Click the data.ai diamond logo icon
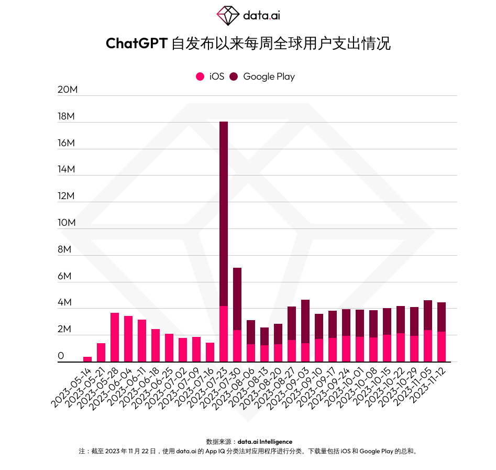pyautogui.click(x=228, y=16)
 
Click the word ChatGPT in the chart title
pyautogui.click(x=136, y=43)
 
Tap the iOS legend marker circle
pyautogui.click(x=200, y=76)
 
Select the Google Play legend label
pyautogui.click(x=269, y=76)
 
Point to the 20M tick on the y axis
pyautogui.click(x=68, y=90)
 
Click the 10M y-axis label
pyautogui.click(x=68, y=223)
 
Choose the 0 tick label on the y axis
pyautogui.click(x=61, y=356)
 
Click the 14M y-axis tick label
pyautogui.click(x=68, y=169)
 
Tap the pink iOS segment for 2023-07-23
pyautogui.click(x=224, y=334)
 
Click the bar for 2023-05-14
pyautogui.click(x=87, y=359)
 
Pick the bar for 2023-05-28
pyautogui.click(x=115, y=337)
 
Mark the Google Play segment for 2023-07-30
pyautogui.click(x=237, y=299)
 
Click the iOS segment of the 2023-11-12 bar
pyautogui.click(x=442, y=346)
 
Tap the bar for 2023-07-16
pyautogui.click(x=210, y=352)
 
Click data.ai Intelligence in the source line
pyautogui.click(x=264, y=442)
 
